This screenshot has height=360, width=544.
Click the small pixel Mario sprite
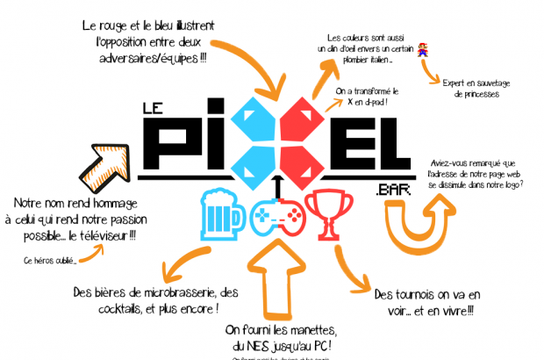point(423,48)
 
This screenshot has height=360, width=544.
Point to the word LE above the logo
point(154,108)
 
